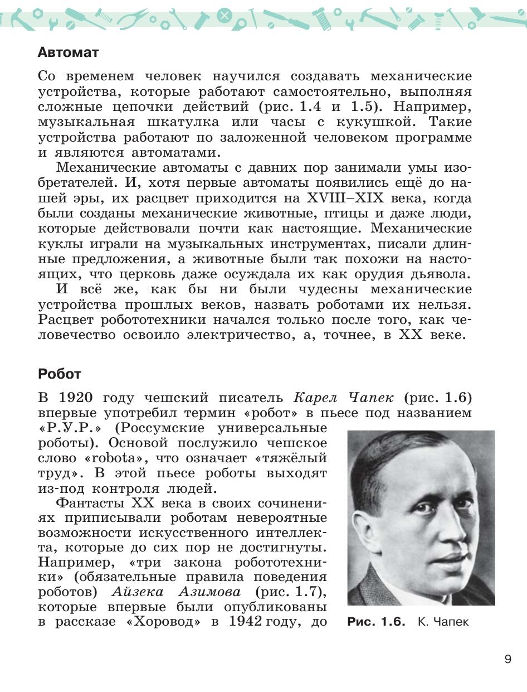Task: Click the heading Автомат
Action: [x=68, y=52]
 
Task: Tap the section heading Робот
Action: [x=60, y=374]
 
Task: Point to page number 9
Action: [x=508, y=659]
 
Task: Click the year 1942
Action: [x=246, y=622]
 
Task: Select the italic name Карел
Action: [x=316, y=398]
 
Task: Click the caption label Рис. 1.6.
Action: [x=376, y=622]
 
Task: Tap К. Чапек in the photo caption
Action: [x=443, y=622]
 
